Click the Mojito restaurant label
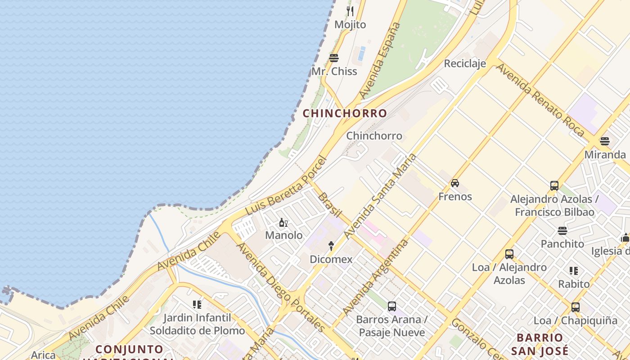point(350,25)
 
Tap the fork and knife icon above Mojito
point(350,11)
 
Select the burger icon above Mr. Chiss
point(334,58)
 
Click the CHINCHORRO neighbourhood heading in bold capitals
point(345,113)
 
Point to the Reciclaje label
point(465,63)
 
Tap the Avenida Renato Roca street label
point(540,100)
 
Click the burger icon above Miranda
point(605,141)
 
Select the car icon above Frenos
point(455,183)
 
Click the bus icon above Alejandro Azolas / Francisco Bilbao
point(554,185)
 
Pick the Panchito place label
point(562,244)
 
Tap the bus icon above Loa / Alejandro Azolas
point(509,254)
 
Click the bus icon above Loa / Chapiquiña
point(575,307)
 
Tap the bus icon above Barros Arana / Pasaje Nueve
point(391,306)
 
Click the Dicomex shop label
point(331,260)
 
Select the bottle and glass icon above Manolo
point(283,222)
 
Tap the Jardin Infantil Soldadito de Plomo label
point(197,324)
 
